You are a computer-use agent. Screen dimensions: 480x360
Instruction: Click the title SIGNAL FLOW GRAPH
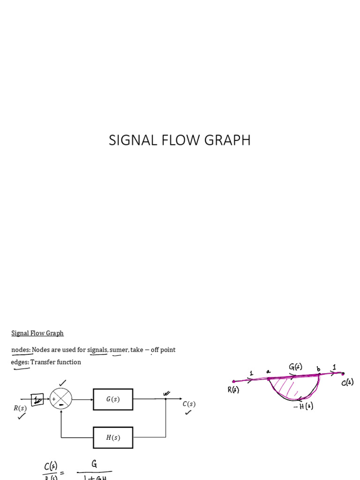point(180,140)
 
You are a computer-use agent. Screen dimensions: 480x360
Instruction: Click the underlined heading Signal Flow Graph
point(37,333)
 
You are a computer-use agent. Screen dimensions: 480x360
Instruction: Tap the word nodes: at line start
point(21,350)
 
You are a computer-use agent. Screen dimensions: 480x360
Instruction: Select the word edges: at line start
point(20,362)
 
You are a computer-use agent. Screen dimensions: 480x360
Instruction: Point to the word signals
point(97,350)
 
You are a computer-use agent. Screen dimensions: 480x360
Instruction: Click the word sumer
point(119,350)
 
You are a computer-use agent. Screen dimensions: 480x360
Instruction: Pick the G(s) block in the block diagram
point(113,399)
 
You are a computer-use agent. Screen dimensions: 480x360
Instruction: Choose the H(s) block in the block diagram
point(113,437)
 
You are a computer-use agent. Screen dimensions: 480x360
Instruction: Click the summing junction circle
point(61,399)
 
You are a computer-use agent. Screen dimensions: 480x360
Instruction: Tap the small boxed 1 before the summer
point(37,400)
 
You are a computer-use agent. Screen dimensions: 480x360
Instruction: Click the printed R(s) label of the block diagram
point(20,408)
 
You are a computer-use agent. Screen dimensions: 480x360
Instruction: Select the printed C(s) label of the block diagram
point(189,404)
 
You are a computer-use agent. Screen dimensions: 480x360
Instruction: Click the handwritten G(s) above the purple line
point(295,367)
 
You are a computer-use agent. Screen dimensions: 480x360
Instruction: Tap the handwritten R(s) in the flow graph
point(233,390)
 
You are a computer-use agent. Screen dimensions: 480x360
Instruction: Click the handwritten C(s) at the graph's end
point(347,382)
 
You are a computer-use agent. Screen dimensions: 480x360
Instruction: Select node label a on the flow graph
point(268,371)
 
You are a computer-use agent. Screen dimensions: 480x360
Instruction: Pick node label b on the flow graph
point(319,369)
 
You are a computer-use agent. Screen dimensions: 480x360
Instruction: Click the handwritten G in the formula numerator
point(94,464)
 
